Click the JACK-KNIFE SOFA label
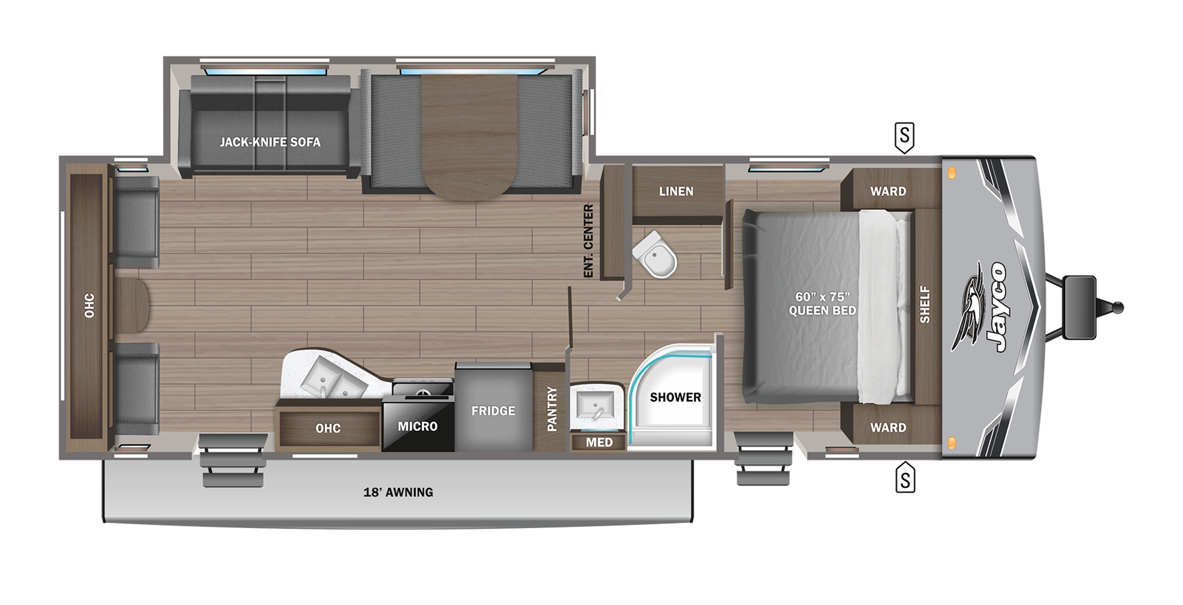click(x=270, y=142)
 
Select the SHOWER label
click(x=675, y=397)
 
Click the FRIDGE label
click(x=493, y=411)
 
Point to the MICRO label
click(x=417, y=426)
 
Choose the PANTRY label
click(x=552, y=409)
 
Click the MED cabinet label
click(x=599, y=443)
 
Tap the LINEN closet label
click(x=676, y=191)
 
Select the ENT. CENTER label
click(x=588, y=241)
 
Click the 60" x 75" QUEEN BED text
click(x=822, y=304)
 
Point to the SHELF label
click(x=925, y=304)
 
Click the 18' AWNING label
click(x=398, y=493)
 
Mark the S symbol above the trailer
click(x=905, y=137)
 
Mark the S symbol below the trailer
click(x=905, y=479)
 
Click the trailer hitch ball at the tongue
click(x=1117, y=307)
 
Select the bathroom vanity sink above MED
click(x=596, y=403)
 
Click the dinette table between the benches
click(x=469, y=135)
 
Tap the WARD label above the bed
click(x=888, y=191)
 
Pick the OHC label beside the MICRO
click(x=328, y=429)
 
